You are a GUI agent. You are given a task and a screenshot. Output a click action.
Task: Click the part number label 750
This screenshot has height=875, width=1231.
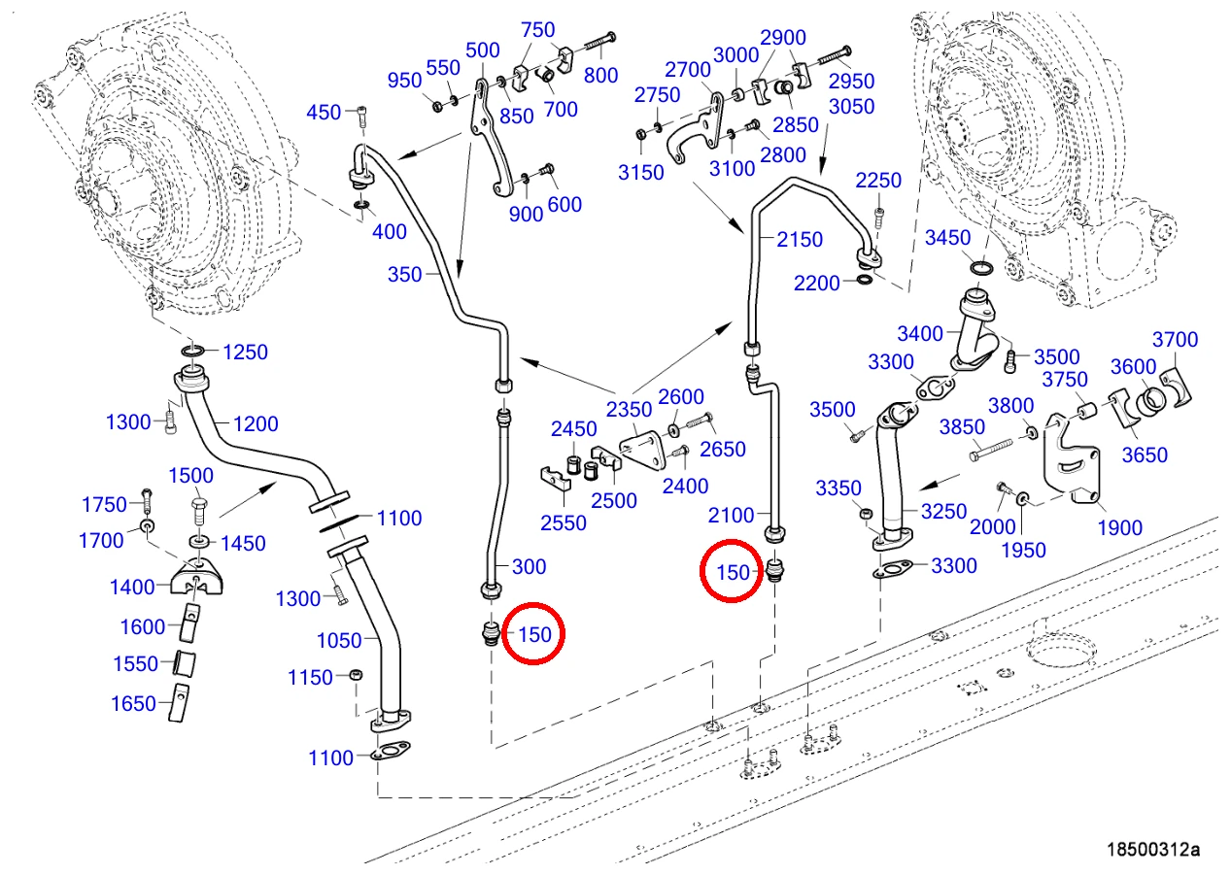point(537,30)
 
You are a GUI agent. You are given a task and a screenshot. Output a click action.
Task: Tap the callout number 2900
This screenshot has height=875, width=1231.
point(782,37)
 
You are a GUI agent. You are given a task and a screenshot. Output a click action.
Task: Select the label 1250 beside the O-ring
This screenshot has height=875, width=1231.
point(245,353)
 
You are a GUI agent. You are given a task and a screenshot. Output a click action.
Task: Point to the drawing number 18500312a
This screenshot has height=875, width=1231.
point(1153,850)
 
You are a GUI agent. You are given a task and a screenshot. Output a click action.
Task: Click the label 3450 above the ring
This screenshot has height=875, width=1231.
point(947,238)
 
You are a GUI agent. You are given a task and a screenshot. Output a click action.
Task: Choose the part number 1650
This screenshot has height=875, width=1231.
point(133,704)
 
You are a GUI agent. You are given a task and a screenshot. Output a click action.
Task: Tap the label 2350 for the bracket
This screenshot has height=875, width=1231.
point(629,410)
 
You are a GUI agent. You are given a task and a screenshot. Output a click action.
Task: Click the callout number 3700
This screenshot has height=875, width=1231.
point(1175,340)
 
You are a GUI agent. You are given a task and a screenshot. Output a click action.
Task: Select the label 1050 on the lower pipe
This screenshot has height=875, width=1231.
point(339,640)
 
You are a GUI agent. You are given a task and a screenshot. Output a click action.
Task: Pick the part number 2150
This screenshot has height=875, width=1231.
point(799,240)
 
